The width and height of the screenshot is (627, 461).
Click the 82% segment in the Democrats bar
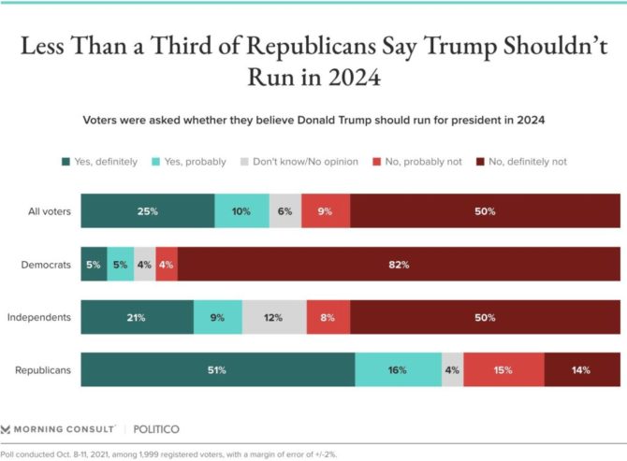(x=399, y=265)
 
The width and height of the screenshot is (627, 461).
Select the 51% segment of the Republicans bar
(x=218, y=370)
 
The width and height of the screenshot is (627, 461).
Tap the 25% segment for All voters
(x=147, y=211)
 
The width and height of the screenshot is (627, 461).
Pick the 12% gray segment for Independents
(x=274, y=317)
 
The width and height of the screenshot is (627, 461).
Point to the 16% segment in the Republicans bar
(x=398, y=370)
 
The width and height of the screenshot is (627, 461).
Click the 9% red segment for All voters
(x=326, y=211)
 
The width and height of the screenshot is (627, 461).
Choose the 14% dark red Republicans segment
(x=580, y=370)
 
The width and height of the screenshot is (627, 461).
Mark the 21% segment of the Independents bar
(x=137, y=317)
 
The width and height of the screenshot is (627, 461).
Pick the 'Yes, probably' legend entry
(x=193, y=162)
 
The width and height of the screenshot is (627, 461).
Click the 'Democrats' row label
(x=46, y=265)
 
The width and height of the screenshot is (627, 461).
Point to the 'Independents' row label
(x=39, y=317)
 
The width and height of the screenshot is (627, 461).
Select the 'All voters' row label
(x=49, y=211)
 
